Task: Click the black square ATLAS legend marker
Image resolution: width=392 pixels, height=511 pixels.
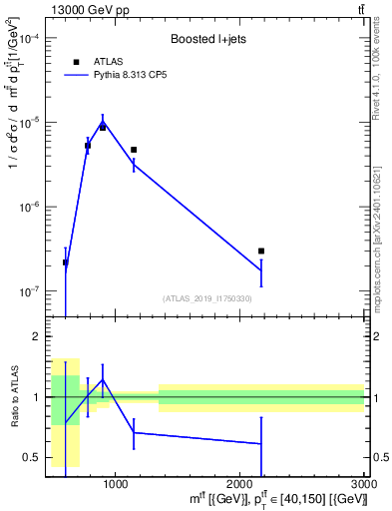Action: point(76,62)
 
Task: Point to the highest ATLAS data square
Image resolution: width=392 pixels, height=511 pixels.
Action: point(102,128)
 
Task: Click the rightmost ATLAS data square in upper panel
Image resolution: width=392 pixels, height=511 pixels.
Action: point(261,252)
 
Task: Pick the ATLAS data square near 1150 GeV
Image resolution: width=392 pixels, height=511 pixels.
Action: point(134,150)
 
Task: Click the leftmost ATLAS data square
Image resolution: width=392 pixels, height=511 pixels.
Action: point(66,262)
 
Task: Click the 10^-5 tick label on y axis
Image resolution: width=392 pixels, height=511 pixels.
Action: point(30,122)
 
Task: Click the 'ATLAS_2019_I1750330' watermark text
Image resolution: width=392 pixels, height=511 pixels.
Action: point(207,298)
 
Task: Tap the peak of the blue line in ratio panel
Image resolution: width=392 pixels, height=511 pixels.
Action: point(102,379)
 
